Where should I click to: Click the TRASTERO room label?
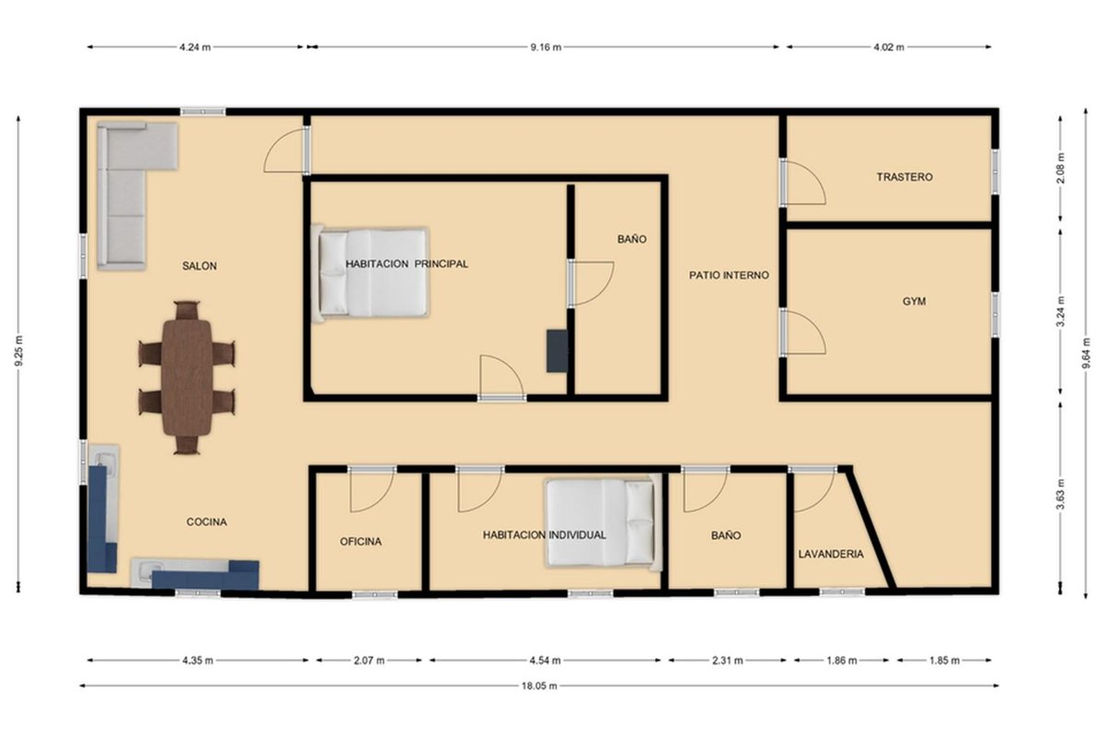pos(904,177)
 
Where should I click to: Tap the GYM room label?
pos(914,301)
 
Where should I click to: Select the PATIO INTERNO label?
pos(729,275)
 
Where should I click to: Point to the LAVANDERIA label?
pos(831,554)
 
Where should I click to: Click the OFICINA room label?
pos(361,541)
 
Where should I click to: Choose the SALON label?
pos(200,266)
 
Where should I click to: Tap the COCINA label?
pos(206,522)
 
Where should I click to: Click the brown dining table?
pos(187,377)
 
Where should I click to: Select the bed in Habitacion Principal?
pos(371,272)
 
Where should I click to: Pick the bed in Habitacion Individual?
pos(604,523)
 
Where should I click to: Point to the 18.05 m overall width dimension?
pos(539,685)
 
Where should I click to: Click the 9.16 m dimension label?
pos(546,47)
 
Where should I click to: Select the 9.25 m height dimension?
pos(18,351)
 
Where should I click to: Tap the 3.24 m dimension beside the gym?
pos(1061,311)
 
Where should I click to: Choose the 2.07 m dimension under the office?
pos(369,660)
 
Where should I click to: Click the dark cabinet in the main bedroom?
pos(557,351)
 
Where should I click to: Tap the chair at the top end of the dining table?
pos(187,311)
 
